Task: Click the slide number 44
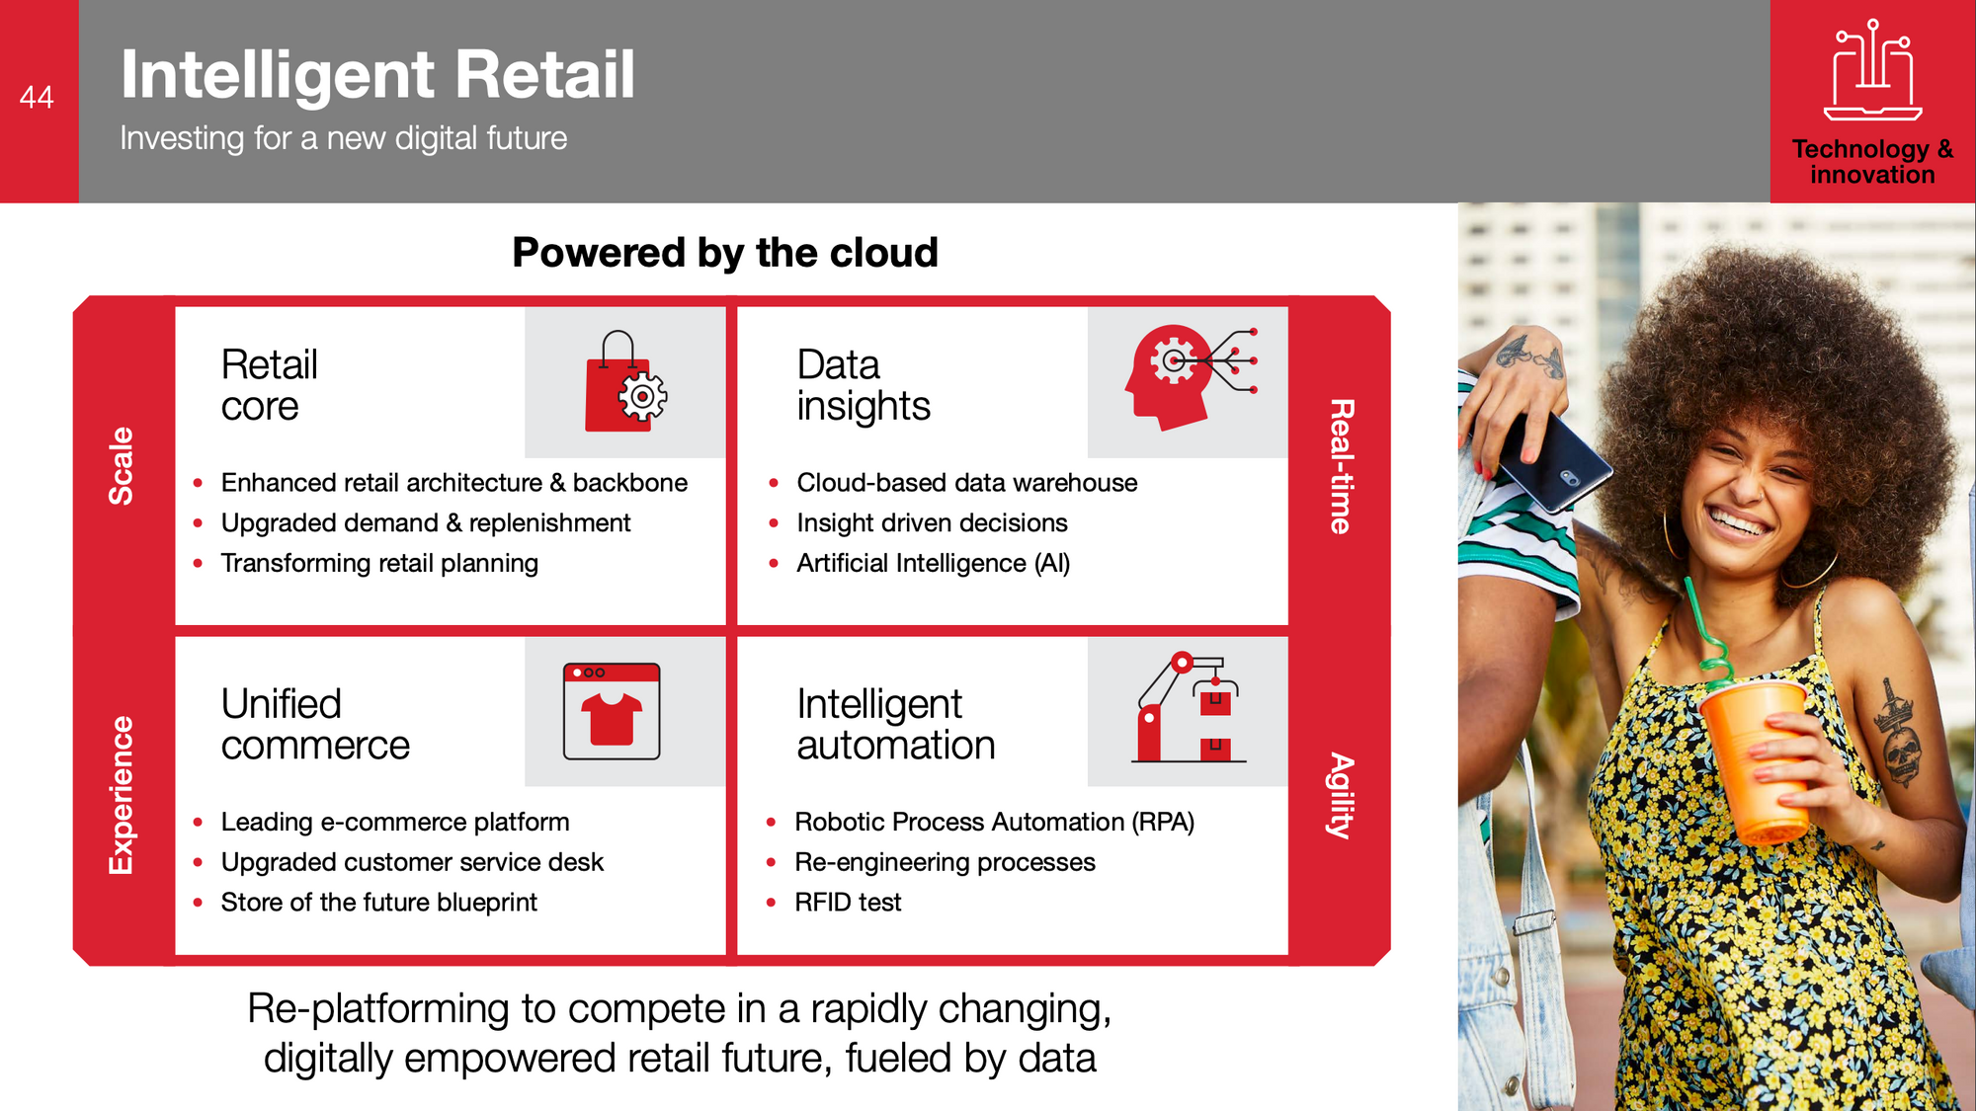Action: [x=37, y=97]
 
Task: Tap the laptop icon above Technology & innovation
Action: [x=1872, y=70]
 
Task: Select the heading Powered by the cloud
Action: [x=725, y=253]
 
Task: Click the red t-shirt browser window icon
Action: [x=612, y=711]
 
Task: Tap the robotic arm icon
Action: [x=1189, y=707]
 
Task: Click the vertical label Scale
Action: [x=121, y=466]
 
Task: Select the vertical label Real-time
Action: [x=1341, y=466]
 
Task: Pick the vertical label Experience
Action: [x=121, y=795]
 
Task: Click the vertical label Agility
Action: [x=1341, y=796]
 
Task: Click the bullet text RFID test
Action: [x=848, y=903]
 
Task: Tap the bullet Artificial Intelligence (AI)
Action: [x=934, y=563]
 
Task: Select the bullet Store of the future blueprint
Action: [x=379, y=903]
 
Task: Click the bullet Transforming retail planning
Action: [x=379, y=563]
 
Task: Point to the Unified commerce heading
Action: [x=315, y=725]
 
